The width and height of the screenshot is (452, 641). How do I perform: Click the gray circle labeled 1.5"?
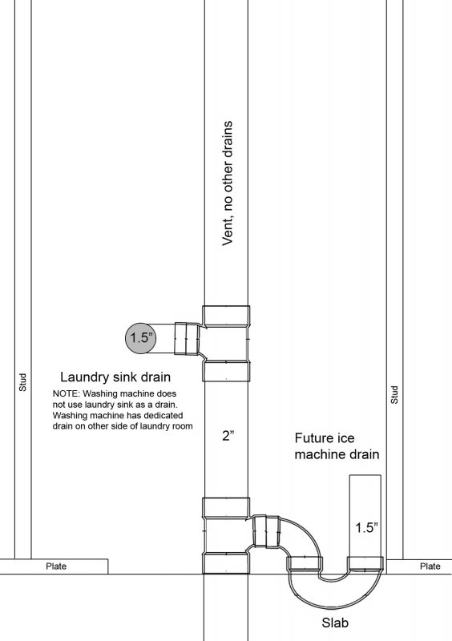[140, 337]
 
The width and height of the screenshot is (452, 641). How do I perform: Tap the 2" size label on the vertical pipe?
[228, 436]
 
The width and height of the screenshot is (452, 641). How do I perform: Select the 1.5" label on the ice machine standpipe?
[366, 527]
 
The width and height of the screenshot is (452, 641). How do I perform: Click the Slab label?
[335, 623]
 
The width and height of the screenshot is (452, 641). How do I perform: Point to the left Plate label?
[56, 566]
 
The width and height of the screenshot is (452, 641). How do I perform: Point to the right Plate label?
[430, 566]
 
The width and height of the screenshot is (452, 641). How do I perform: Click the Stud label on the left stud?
[23, 382]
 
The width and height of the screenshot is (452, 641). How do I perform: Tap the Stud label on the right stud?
[394, 395]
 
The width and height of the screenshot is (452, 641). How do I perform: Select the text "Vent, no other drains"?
[227, 183]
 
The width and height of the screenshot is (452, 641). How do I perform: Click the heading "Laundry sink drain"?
[115, 377]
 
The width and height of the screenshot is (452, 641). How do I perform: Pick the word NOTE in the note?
[66, 393]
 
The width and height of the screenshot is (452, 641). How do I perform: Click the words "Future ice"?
[325, 438]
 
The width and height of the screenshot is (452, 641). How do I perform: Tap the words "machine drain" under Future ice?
[337, 454]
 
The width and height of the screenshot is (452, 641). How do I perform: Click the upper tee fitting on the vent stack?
[226, 344]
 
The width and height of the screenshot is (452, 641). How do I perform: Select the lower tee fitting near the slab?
[226, 535]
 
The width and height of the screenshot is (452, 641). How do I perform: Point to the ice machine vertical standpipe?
[365, 516]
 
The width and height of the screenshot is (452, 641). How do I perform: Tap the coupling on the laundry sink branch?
[186, 338]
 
